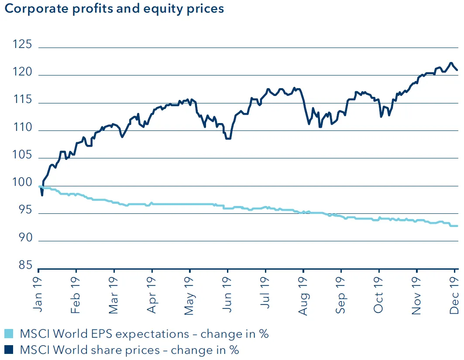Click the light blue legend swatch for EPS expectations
coord(9,334)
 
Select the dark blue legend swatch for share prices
coord(9,350)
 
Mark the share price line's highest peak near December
coord(451,63)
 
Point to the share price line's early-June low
coord(228,138)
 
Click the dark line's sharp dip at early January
coord(42,195)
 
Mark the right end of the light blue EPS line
coord(457,226)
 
